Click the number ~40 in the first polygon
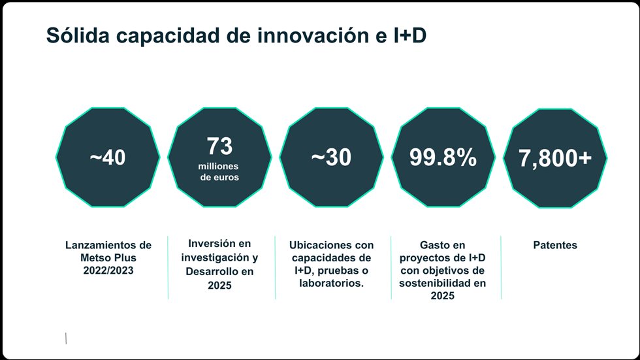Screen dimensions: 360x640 point(108,158)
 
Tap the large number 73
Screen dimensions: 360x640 point(219,146)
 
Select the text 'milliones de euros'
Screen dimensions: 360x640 point(219,172)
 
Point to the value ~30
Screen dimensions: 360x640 point(330,158)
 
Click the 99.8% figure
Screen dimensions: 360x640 point(443,158)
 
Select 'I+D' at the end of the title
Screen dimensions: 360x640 point(410,37)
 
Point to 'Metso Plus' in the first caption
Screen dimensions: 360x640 point(108,257)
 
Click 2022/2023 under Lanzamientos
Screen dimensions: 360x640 point(108,270)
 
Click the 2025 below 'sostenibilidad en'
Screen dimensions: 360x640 point(443,295)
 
